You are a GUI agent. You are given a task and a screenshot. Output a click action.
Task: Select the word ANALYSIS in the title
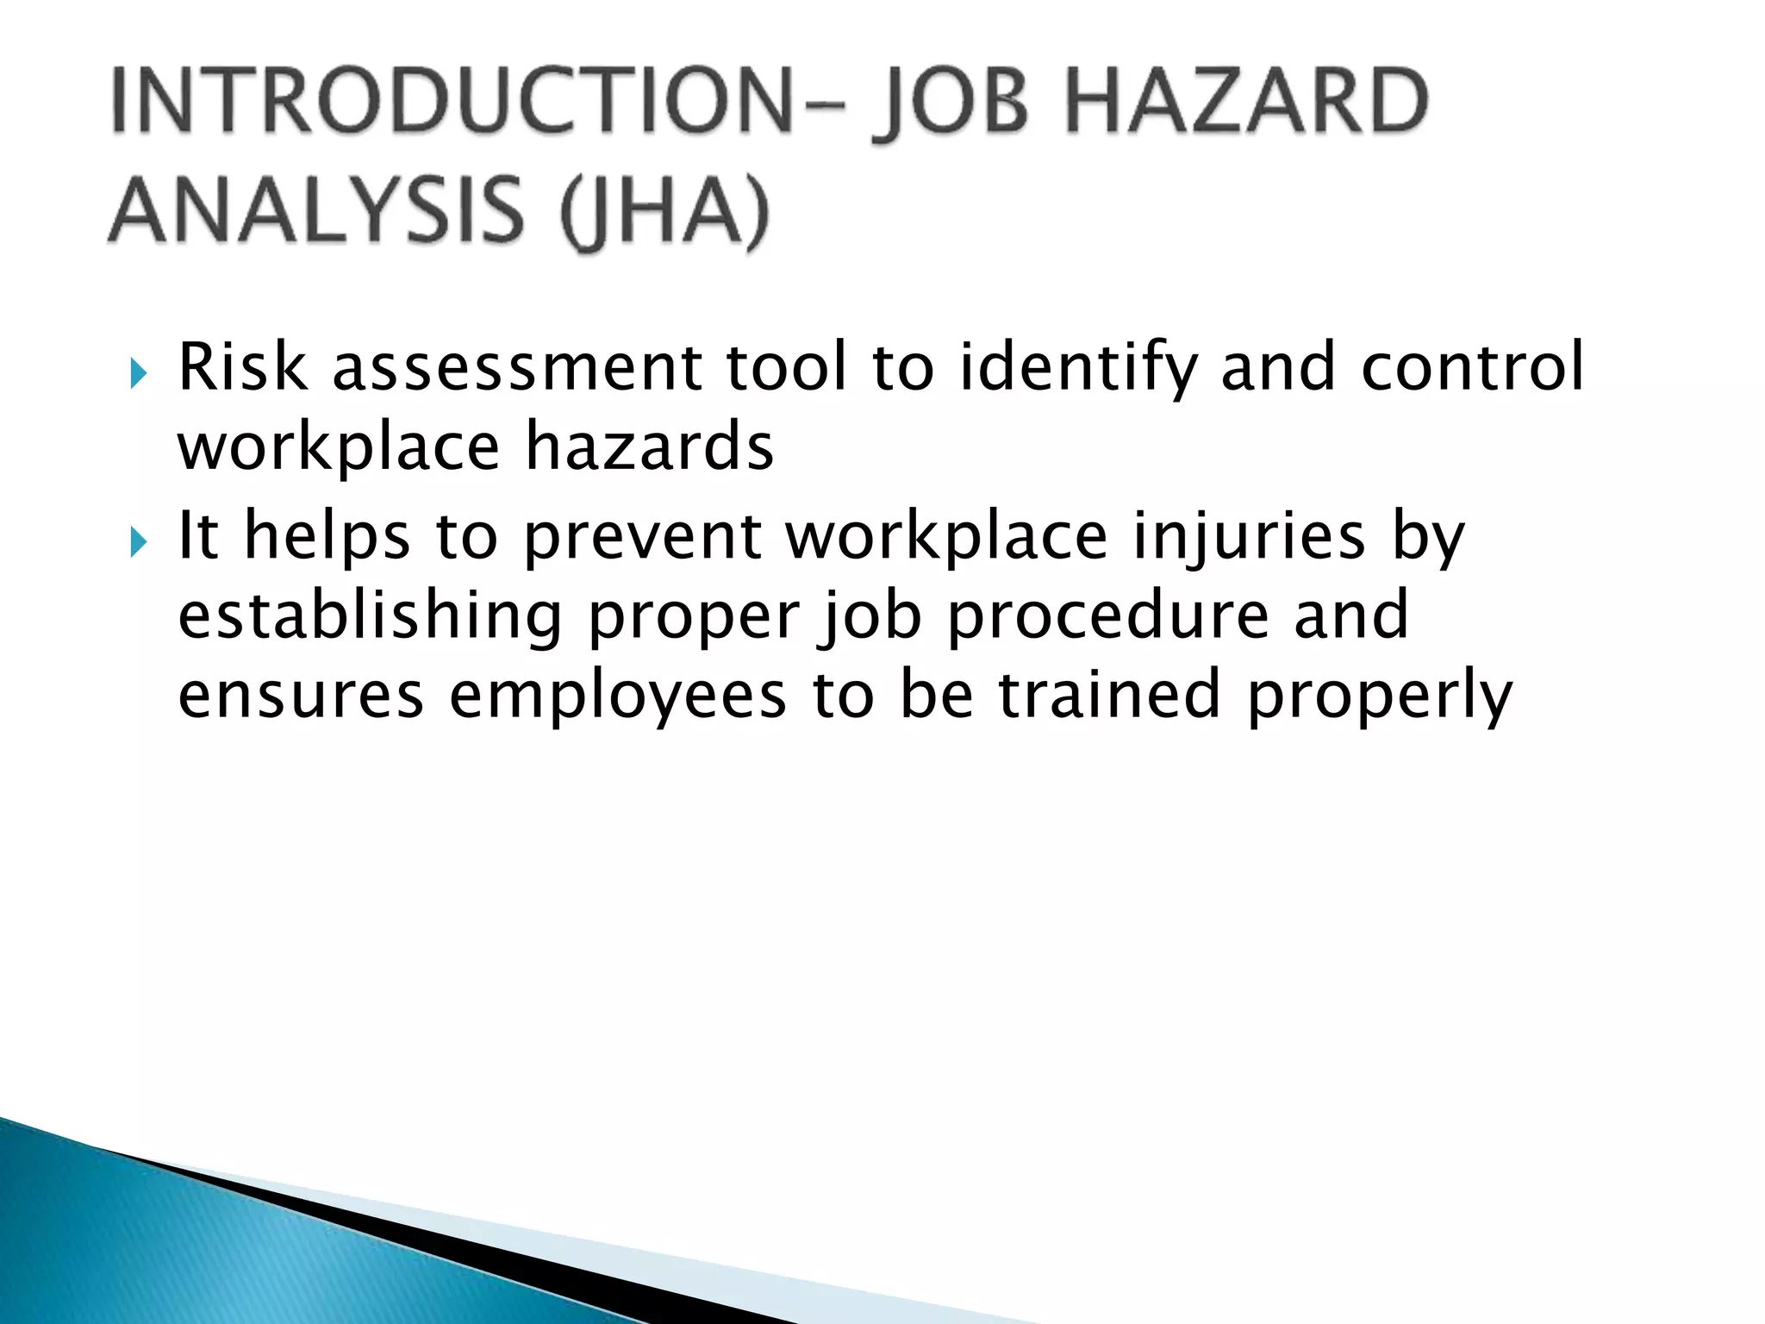(316, 211)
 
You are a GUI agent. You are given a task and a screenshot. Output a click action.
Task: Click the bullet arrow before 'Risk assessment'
(138, 373)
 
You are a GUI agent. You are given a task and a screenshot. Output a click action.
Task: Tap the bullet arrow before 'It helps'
(138, 542)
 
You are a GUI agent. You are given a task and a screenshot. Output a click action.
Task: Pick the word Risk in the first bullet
(242, 367)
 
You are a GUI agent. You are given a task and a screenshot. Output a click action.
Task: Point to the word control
(1472, 365)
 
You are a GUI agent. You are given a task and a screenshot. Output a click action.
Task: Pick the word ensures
(301, 696)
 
